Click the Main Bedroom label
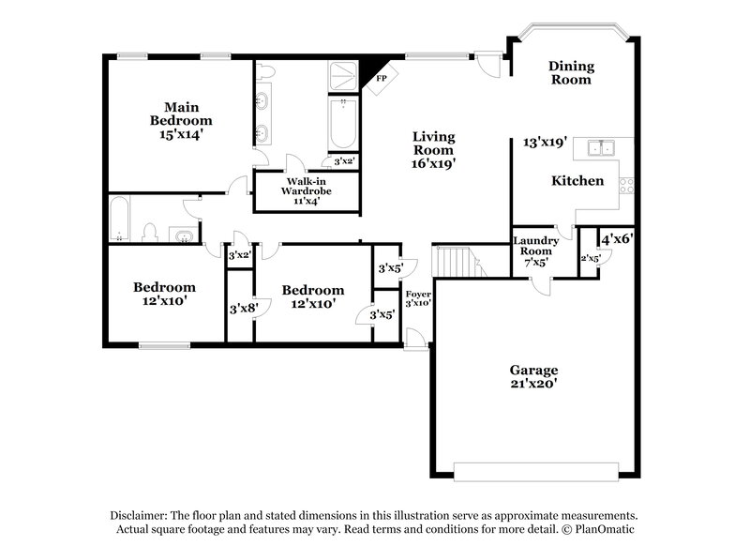tap(181, 120)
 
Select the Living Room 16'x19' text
tap(434, 150)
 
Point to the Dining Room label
tap(570, 73)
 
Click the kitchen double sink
tap(596, 147)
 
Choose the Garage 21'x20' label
tap(533, 376)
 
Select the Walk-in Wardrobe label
tap(307, 189)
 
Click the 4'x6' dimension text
tap(618, 239)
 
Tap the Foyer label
tap(418, 298)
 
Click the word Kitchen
tap(577, 180)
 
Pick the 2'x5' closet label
tap(590, 257)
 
